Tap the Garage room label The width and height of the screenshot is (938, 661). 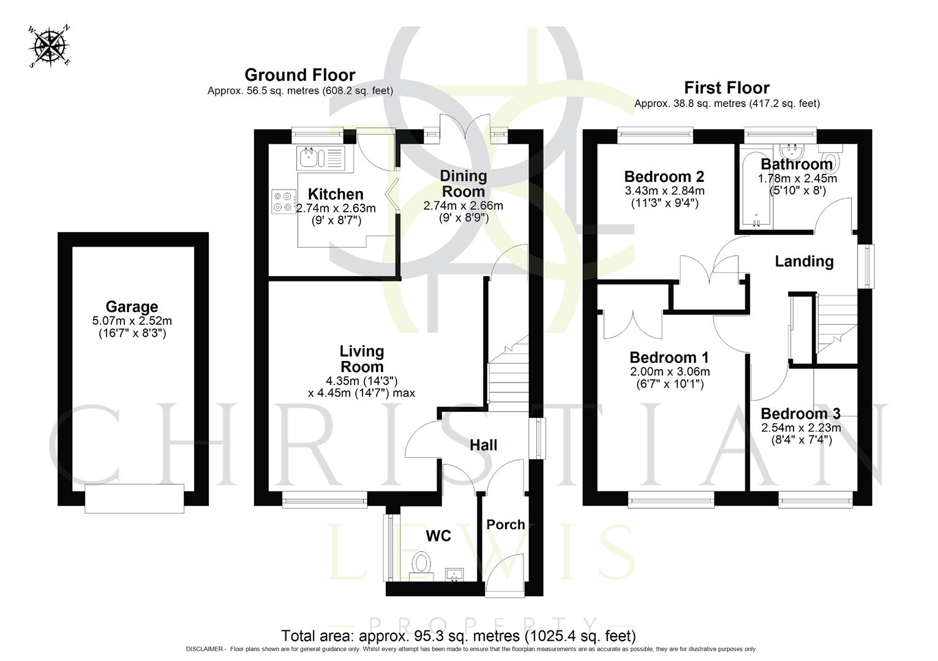[x=132, y=307]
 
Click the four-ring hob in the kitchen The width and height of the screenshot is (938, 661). [x=283, y=201]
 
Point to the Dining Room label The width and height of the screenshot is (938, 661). [x=463, y=184]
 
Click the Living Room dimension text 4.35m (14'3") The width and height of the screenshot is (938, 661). [x=362, y=380]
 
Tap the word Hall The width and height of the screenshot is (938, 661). [x=483, y=445]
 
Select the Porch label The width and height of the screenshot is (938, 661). [x=506, y=525]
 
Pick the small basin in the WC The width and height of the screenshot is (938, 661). [x=456, y=573]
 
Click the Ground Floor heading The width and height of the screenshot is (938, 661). [x=300, y=75]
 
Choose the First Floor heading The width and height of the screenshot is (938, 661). [x=727, y=88]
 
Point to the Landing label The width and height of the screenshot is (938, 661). [x=804, y=261]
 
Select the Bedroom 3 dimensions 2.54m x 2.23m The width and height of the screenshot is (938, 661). [x=801, y=428]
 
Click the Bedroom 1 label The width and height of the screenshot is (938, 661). [x=669, y=357]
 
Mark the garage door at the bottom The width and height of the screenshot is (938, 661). [x=135, y=498]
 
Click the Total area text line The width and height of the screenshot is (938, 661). [x=458, y=635]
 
